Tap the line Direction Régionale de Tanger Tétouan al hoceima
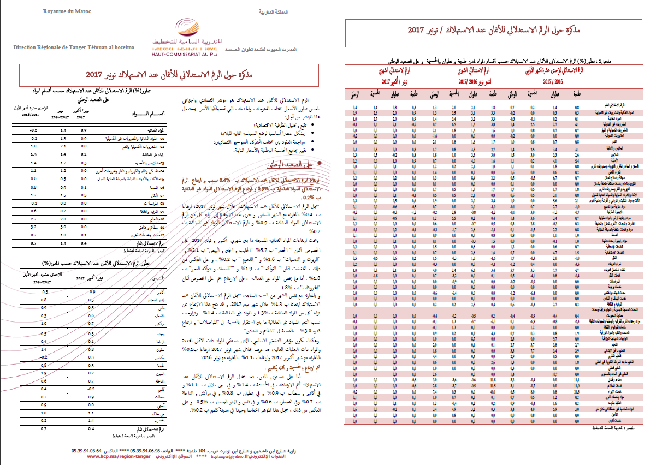[x=74, y=48]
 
